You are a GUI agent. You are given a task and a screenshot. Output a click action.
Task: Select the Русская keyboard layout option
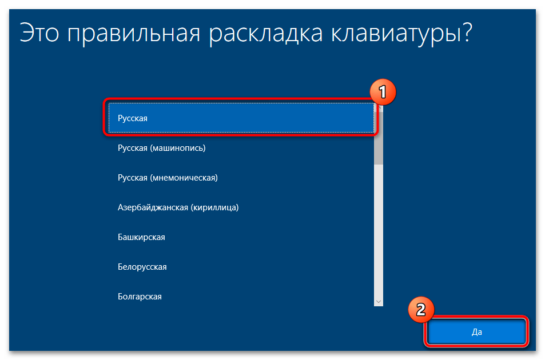[133, 118]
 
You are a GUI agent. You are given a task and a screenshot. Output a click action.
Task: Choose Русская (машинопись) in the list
[161, 148]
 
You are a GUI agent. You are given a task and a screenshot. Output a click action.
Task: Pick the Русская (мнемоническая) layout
[168, 178]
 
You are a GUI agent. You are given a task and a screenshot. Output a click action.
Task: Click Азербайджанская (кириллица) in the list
[178, 207]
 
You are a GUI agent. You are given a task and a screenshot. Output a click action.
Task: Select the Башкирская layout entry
[141, 237]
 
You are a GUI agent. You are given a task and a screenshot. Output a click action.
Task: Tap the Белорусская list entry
[142, 267]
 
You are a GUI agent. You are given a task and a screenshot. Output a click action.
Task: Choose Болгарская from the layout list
[140, 297]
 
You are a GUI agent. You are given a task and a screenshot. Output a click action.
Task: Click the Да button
[477, 332]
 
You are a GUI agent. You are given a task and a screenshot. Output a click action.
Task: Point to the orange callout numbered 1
[383, 91]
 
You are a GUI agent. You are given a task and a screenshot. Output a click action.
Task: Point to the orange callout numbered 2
[421, 310]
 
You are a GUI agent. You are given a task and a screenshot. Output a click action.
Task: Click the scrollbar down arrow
[379, 301]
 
